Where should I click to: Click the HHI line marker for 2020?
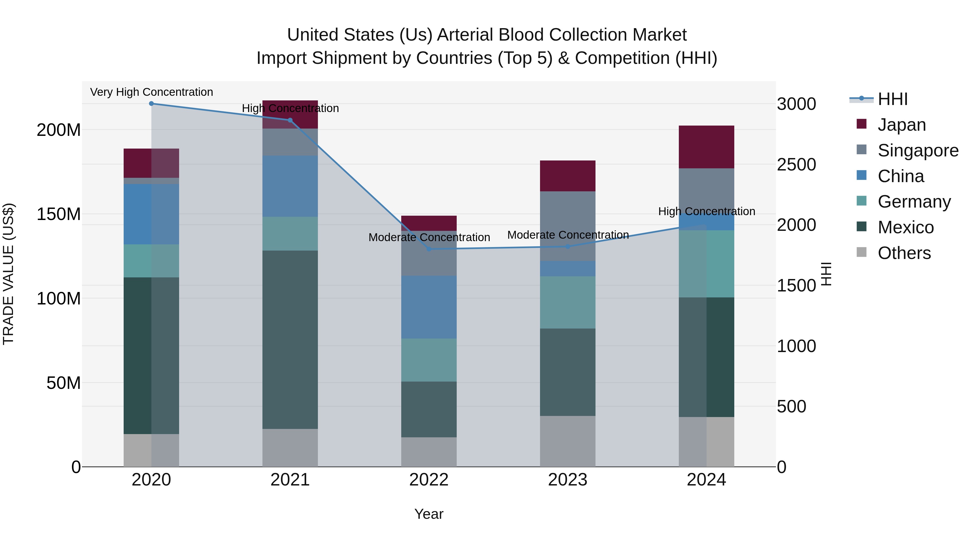pos(151,103)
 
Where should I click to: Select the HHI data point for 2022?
pos(429,249)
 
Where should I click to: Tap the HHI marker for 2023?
pos(568,247)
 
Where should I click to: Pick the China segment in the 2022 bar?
pos(429,307)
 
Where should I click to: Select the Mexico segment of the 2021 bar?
pos(290,339)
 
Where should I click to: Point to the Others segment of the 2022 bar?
pos(429,452)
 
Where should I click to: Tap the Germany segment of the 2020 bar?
pos(151,261)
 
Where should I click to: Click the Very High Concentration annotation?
pos(151,92)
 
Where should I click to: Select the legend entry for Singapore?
pos(918,150)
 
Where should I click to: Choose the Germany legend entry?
pos(914,202)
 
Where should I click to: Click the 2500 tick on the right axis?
pos(796,165)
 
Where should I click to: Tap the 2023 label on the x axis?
pos(568,480)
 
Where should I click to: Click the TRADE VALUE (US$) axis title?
pos(8,274)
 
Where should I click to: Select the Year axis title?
pos(429,514)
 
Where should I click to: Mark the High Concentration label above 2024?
pos(706,211)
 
